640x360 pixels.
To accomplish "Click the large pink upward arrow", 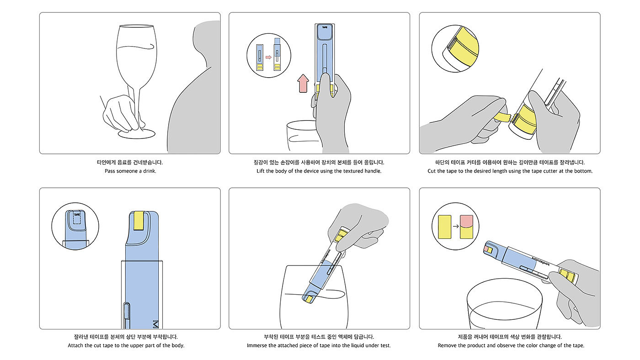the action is (303, 83).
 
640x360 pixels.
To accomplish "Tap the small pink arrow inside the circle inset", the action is (269, 57).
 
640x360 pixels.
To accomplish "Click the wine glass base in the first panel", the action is (137, 134).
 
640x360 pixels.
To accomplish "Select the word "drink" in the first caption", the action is (149, 171).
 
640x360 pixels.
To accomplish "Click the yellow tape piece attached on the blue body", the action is (139, 221).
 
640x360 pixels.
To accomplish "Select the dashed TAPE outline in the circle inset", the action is (77, 218).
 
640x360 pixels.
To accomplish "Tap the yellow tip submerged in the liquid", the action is (310, 299).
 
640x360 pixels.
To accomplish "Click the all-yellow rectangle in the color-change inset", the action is (444, 227).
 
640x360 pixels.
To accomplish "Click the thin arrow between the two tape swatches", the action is (455, 227).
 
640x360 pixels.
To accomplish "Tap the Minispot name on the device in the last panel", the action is (540, 261).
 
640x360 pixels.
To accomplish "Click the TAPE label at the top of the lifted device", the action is (325, 27).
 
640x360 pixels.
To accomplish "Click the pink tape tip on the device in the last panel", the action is (486, 249).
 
